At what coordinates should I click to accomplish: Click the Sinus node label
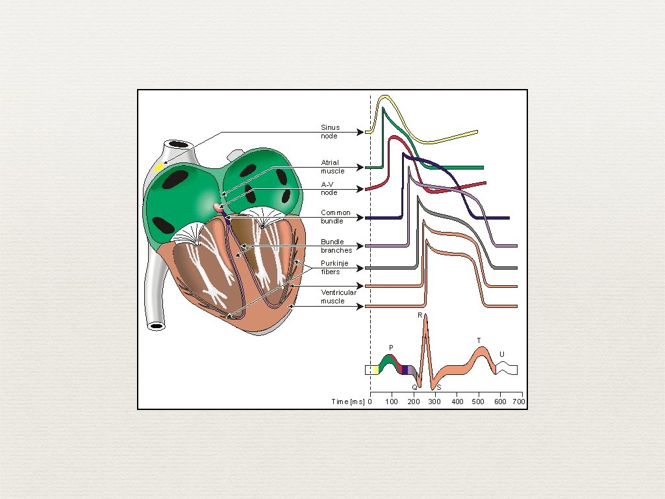pyautogui.click(x=330, y=132)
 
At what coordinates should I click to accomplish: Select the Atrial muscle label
pyautogui.click(x=332, y=167)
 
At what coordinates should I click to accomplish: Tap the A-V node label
pyautogui.click(x=330, y=188)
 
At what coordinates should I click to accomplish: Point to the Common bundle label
pyautogui.click(x=336, y=217)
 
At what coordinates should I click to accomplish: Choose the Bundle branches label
pyautogui.click(x=336, y=246)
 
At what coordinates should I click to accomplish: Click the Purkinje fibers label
pyautogui.click(x=334, y=268)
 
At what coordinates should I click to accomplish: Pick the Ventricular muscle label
pyautogui.click(x=338, y=297)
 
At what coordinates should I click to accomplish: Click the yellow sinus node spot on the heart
pyautogui.click(x=159, y=168)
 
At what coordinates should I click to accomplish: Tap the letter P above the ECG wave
pyautogui.click(x=391, y=348)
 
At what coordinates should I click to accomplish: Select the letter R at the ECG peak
pyautogui.click(x=420, y=315)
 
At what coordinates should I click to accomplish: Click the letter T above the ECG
pyautogui.click(x=479, y=340)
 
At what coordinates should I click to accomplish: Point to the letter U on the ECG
pyautogui.click(x=501, y=354)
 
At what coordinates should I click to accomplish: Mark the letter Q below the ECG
pyautogui.click(x=414, y=387)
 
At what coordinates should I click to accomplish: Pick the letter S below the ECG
pyautogui.click(x=438, y=387)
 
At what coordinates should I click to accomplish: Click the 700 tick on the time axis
pyautogui.click(x=518, y=402)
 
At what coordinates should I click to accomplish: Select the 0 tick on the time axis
pyautogui.click(x=370, y=402)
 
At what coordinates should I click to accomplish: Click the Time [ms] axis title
pyautogui.click(x=348, y=402)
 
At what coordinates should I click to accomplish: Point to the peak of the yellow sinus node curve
pyautogui.click(x=384, y=97)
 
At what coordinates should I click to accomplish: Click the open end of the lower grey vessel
pyautogui.click(x=156, y=326)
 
